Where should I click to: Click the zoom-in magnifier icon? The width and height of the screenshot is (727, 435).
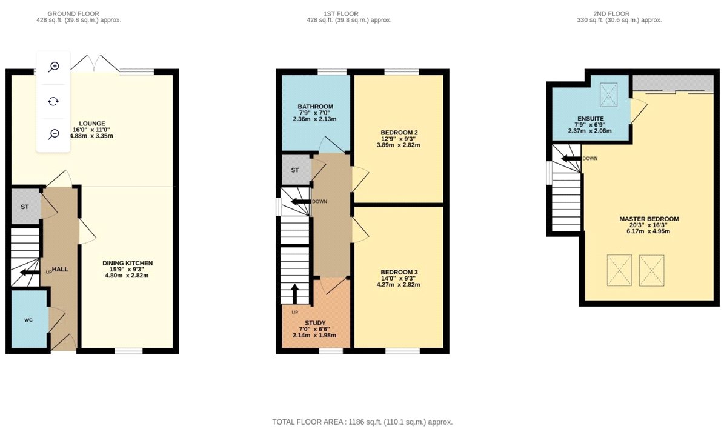[x=53, y=67]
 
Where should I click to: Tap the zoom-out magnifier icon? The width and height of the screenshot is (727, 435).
[x=53, y=134]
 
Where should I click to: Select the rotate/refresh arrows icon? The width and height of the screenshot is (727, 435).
[x=53, y=102]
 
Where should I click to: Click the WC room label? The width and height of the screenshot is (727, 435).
[x=28, y=320]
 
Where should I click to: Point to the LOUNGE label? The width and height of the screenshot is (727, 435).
[x=92, y=124]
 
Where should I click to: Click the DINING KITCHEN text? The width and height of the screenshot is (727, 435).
[x=128, y=264]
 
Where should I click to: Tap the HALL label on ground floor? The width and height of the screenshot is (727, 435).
[x=60, y=269]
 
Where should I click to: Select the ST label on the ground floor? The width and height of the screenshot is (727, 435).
[x=25, y=207]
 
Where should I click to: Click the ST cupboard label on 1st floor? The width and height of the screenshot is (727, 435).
[x=295, y=170]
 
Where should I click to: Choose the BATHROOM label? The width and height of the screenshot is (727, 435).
[x=316, y=107]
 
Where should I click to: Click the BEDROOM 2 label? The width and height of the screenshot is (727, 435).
[x=399, y=133]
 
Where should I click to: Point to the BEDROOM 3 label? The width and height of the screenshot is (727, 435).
[x=399, y=273]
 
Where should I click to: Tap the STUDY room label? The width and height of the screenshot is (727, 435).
[x=315, y=323]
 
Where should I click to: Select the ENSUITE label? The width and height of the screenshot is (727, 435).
[x=591, y=119]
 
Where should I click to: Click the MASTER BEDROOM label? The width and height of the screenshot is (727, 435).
[x=649, y=219]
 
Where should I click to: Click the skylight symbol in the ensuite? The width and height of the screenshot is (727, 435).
[x=608, y=95]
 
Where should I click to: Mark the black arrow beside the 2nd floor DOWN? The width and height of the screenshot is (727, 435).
[x=571, y=158]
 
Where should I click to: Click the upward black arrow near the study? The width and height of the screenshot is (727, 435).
[x=294, y=294]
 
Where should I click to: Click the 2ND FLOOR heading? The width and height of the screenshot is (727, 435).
[x=611, y=14]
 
